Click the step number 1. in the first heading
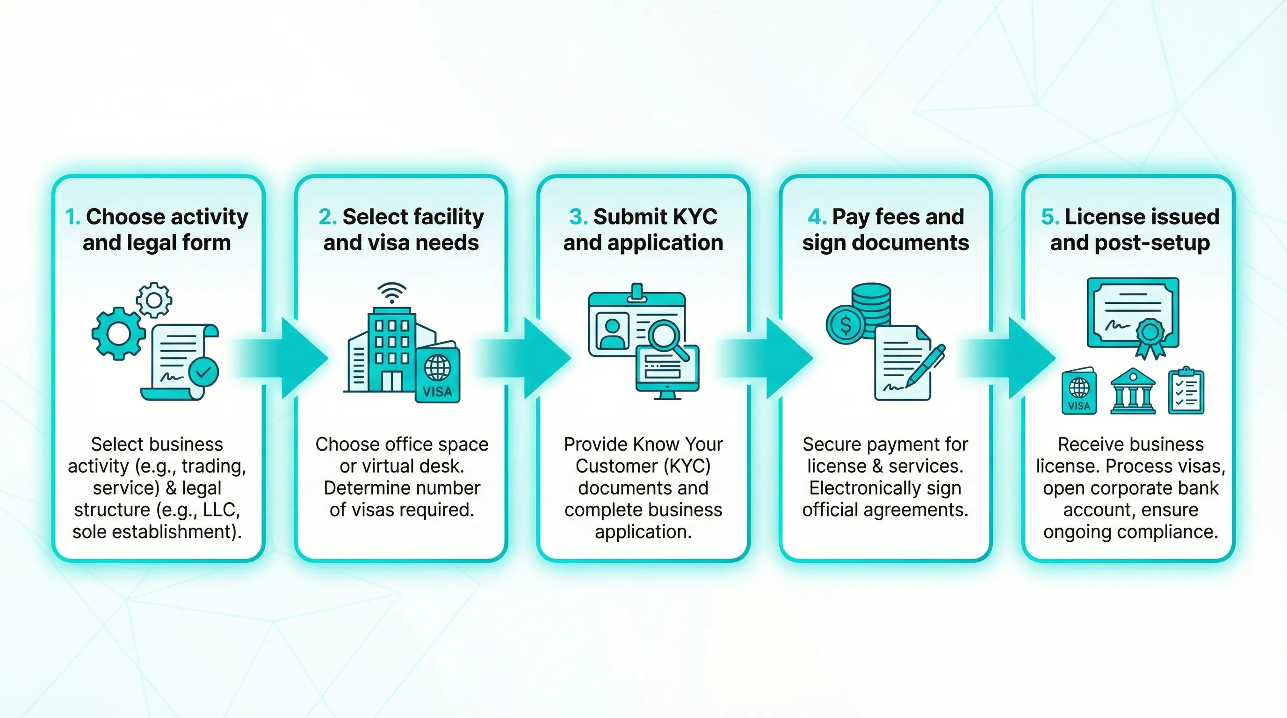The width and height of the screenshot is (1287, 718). point(72,217)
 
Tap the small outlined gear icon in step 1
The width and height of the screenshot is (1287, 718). point(154,300)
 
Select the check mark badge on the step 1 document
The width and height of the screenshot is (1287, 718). point(203,372)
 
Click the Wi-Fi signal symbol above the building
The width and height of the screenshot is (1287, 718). point(392,292)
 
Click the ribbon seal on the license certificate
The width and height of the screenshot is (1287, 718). point(1150,336)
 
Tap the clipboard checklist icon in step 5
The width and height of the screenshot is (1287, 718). point(1186,392)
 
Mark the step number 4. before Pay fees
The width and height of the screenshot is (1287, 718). point(817,217)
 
